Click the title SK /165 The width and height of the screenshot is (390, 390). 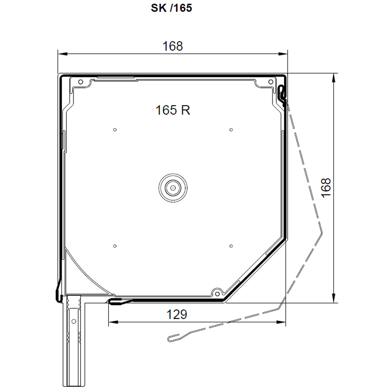tap(172, 8)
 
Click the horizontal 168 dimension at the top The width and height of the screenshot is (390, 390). tap(173, 46)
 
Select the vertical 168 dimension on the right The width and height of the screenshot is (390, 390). tap(326, 188)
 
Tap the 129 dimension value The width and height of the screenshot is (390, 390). tap(177, 315)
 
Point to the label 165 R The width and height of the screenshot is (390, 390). tap(173, 110)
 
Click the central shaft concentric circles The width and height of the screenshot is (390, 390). tap(173, 188)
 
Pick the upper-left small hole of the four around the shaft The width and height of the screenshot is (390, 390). tap(115, 130)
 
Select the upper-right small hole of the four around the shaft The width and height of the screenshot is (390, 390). tap(231, 130)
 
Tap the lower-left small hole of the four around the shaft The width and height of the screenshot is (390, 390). tap(115, 246)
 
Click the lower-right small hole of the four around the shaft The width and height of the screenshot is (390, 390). tap(231, 246)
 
